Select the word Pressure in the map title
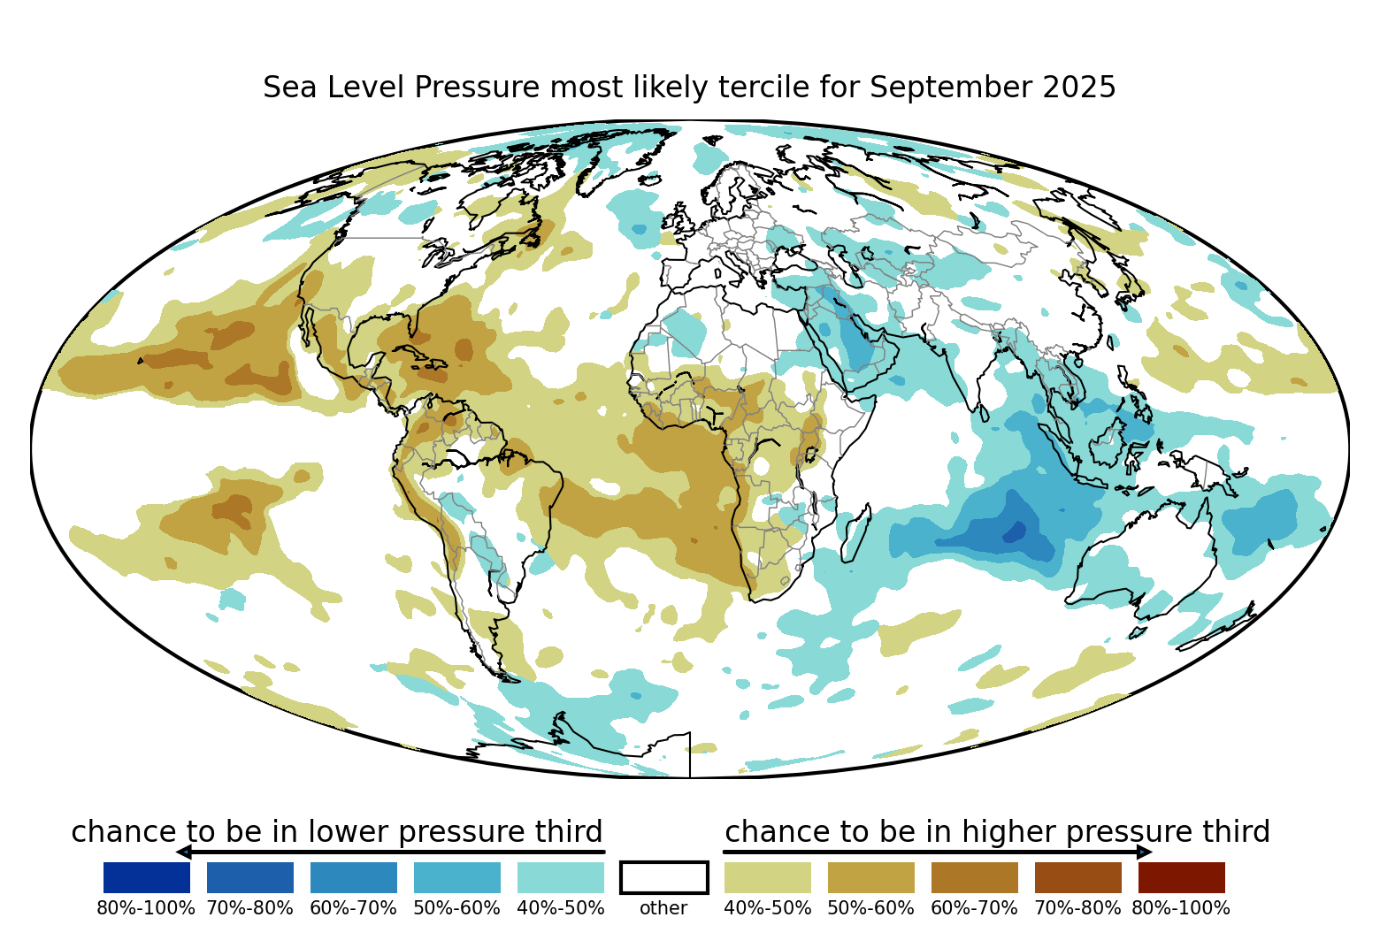click(478, 88)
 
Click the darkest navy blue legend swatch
click(146, 877)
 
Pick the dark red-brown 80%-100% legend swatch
click(1181, 877)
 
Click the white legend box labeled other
click(663, 877)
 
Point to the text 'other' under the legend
click(663, 908)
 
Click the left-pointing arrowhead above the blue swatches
click(183, 852)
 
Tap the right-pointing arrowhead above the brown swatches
click(1145, 852)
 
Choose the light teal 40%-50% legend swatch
click(560, 877)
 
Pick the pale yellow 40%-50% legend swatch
click(767, 877)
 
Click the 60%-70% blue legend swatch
click(353, 877)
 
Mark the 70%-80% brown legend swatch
click(1077, 877)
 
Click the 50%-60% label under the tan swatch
click(870, 908)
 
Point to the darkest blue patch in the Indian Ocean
click(1015, 531)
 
